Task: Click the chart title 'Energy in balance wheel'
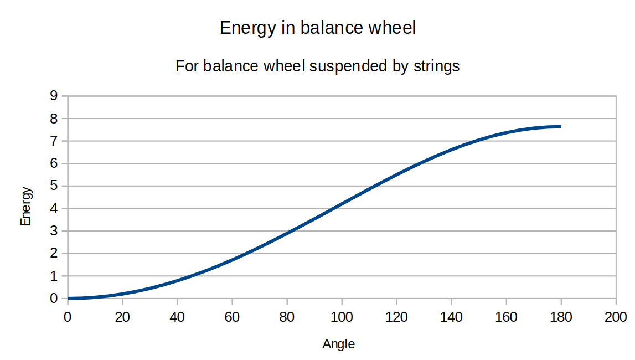pyautogui.click(x=318, y=28)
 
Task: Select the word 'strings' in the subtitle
pyautogui.click(x=437, y=66)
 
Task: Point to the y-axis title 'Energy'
pyautogui.click(x=25, y=206)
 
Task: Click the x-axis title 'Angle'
pyautogui.click(x=339, y=344)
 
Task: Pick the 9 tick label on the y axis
pyautogui.click(x=54, y=96)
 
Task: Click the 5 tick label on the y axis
pyautogui.click(x=54, y=186)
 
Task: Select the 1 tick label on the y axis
pyautogui.click(x=54, y=276)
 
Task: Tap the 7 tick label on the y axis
pyautogui.click(x=54, y=141)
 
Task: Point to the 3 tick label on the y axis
pyautogui.click(x=54, y=231)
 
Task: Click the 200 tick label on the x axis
pyautogui.click(x=616, y=317)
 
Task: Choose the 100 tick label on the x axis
pyautogui.click(x=342, y=317)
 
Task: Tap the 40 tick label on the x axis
pyautogui.click(x=177, y=317)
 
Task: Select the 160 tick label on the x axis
pyautogui.click(x=506, y=317)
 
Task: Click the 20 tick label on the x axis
pyautogui.click(x=122, y=317)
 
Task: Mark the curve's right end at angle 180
pyautogui.click(x=560, y=127)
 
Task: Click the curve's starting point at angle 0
pyautogui.click(x=68, y=299)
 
